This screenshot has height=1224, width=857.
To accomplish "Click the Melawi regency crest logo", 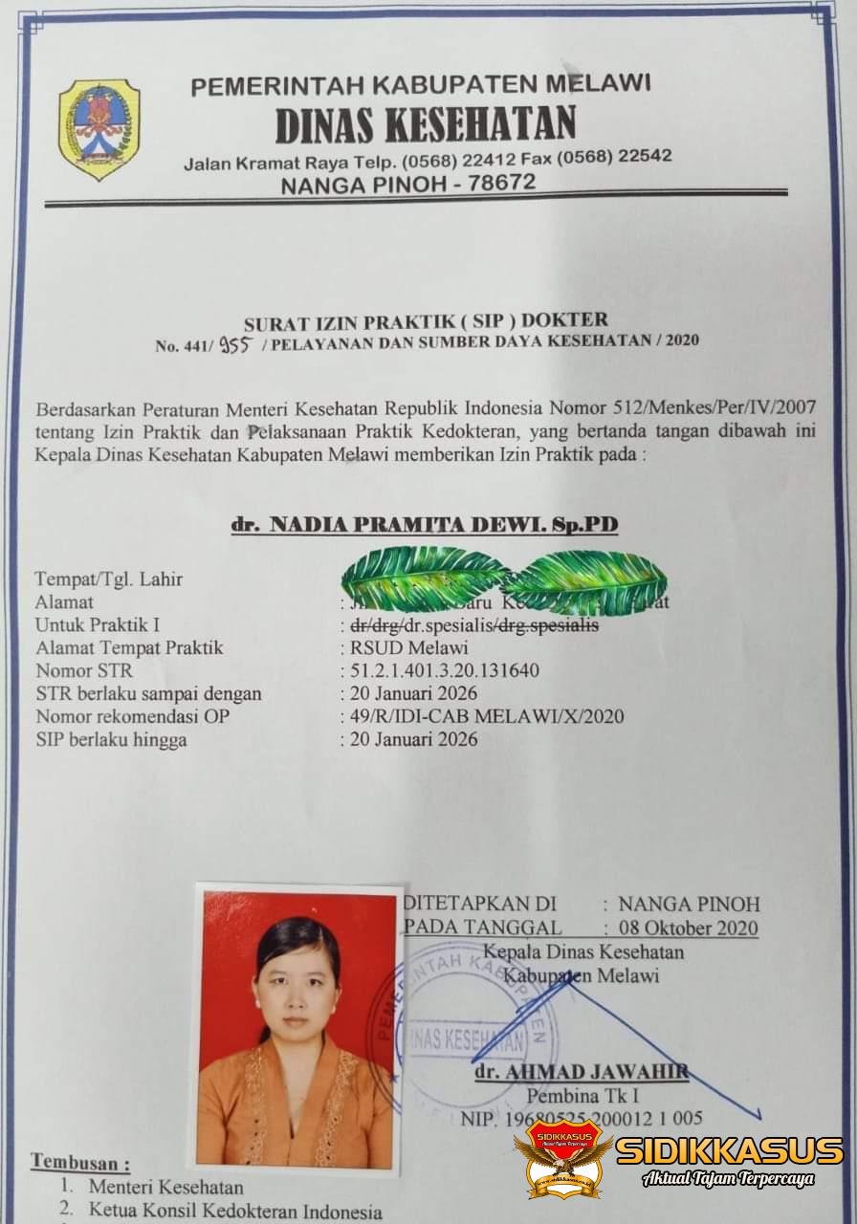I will [x=99, y=129].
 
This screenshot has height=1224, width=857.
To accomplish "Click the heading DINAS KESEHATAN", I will [x=426, y=124].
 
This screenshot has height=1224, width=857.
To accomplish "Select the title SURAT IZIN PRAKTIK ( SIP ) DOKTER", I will [x=426, y=320].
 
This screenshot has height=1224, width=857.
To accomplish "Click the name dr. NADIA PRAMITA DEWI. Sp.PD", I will [x=425, y=525].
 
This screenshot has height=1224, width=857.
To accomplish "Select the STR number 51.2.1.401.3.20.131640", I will [x=445, y=670].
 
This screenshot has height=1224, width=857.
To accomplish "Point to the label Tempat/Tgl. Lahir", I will [x=108, y=579].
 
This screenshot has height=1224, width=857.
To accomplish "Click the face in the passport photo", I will [x=299, y=984].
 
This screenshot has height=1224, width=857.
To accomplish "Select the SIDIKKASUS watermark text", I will [x=729, y=1150].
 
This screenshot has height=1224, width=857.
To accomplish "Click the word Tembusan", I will [x=78, y=1162].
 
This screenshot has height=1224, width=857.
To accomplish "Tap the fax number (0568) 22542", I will [x=615, y=156].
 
